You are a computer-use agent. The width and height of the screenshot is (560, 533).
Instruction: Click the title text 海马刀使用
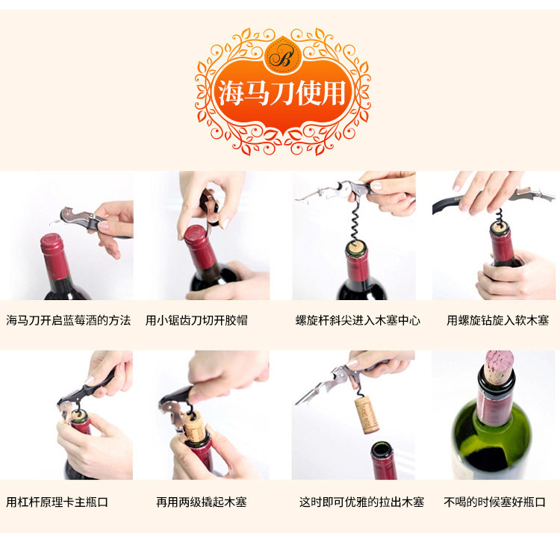(x=282, y=93)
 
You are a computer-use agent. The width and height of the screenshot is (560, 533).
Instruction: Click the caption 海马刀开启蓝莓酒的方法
(x=68, y=320)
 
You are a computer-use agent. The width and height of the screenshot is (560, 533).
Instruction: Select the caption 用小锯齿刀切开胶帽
(x=196, y=320)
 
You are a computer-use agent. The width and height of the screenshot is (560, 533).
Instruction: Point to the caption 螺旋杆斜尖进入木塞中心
(x=358, y=320)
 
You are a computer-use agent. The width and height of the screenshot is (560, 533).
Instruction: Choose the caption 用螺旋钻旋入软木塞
(x=497, y=320)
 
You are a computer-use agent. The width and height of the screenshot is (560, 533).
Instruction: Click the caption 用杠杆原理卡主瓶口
(x=57, y=502)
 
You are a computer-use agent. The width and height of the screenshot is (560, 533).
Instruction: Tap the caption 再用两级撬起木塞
(x=202, y=502)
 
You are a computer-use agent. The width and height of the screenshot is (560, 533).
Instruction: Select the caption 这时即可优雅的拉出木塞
(x=361, y=502)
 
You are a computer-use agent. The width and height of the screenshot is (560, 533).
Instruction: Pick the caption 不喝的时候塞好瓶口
(x=494, y=502)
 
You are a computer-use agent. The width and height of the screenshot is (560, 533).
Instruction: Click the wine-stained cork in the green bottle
(x=499, y=367)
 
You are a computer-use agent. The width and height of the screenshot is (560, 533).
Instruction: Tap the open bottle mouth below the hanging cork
(x=382, y=449)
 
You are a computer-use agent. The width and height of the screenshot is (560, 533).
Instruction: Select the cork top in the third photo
(x=356, y=247)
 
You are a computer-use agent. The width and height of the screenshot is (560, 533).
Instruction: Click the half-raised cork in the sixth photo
(x=194, y=427)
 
